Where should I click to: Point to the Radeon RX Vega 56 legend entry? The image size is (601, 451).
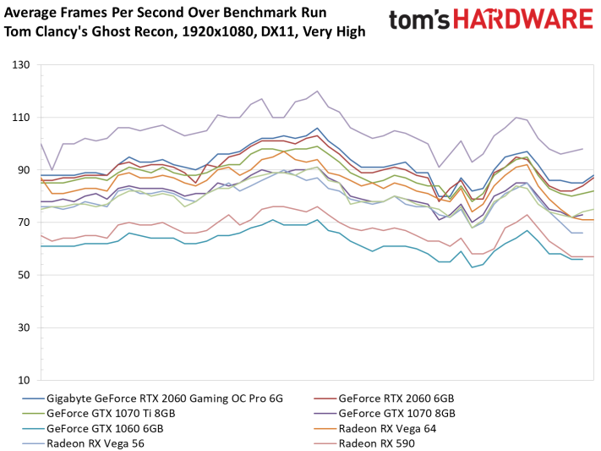point(97,442)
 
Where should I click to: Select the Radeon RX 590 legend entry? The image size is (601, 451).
point(377,442)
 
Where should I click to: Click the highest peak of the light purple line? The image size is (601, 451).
point(317,91)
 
